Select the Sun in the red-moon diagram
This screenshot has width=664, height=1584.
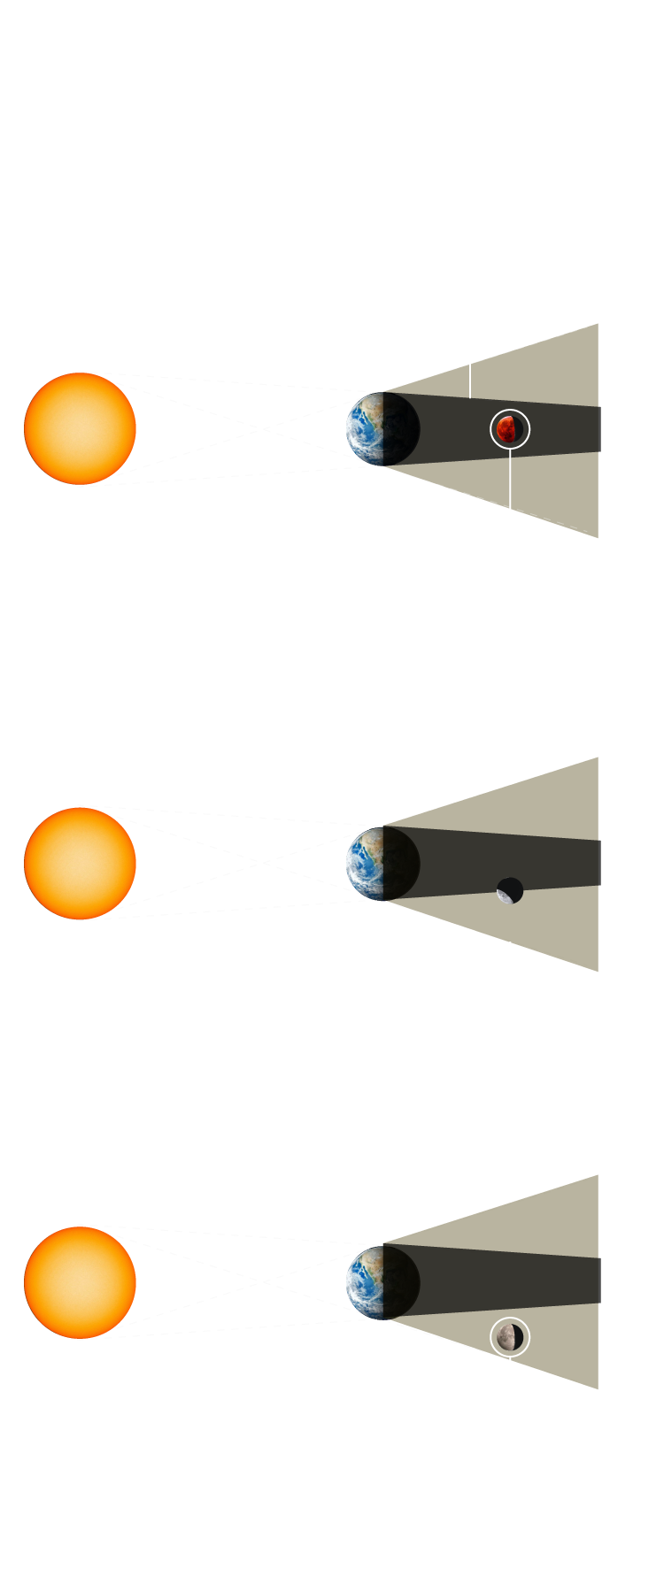coord(80,428)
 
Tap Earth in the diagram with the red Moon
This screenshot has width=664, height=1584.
coord(381,429)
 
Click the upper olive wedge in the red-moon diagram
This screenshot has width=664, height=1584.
coord(549,372)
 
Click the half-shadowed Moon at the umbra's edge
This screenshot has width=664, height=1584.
coord(510,890)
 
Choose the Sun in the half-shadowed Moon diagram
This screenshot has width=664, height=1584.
coord(80,863)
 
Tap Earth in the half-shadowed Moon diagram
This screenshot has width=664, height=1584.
coord(381,864)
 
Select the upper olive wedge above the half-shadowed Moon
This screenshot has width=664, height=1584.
coord(549,805)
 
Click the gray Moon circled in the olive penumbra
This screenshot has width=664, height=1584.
coord(509,1337)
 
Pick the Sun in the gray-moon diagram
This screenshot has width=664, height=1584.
coord(80,1282)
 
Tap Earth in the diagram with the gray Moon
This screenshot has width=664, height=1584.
coord(381,1282)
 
